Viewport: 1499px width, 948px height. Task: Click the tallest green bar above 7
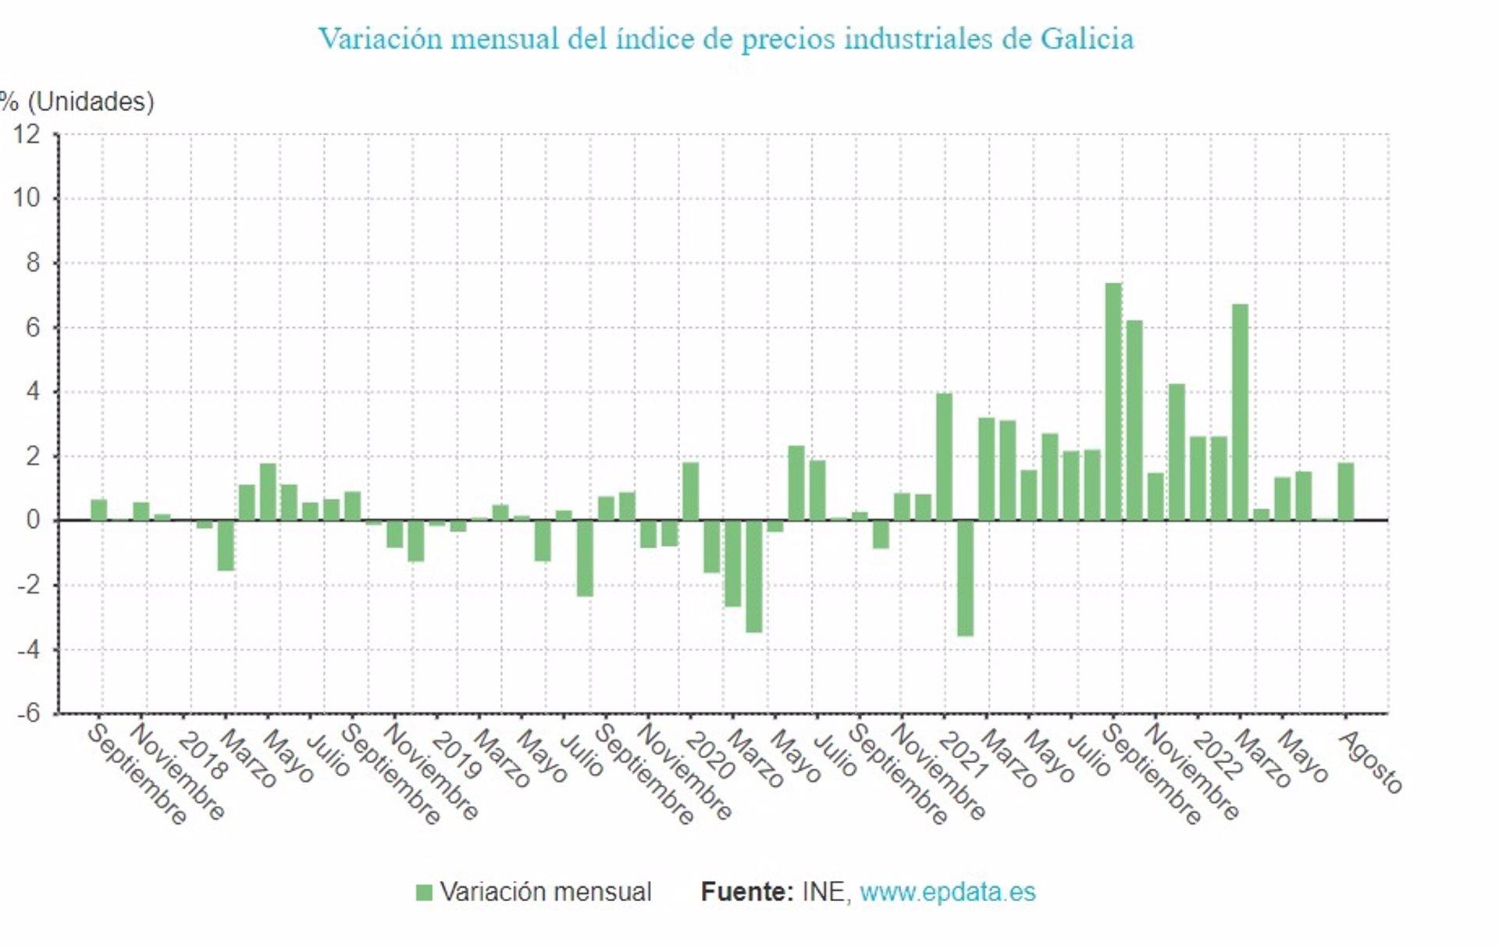pos(1113,401)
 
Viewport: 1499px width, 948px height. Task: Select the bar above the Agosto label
pos(1345,491)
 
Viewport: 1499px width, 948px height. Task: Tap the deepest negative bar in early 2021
pos(965,578)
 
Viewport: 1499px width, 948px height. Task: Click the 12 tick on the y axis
pos(27,134)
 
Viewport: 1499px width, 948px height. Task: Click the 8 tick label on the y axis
pos(32,262)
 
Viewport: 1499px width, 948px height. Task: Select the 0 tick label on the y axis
pos(32,520)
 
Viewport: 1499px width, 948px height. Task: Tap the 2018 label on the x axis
pos(201,756)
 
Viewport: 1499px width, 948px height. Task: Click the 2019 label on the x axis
pos(456,756)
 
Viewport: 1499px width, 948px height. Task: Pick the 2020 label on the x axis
pos(710,756)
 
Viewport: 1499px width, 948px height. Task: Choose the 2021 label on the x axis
pos(963,756)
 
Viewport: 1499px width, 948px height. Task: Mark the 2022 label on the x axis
pos(1216,756)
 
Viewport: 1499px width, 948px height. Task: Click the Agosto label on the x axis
pos(1371,761)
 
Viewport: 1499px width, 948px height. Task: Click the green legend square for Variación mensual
pos(424,893)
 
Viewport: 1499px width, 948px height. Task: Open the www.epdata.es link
pos(947,892)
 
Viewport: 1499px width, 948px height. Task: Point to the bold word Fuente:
pos(746,892)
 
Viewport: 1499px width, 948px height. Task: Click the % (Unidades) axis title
pos(78,102)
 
